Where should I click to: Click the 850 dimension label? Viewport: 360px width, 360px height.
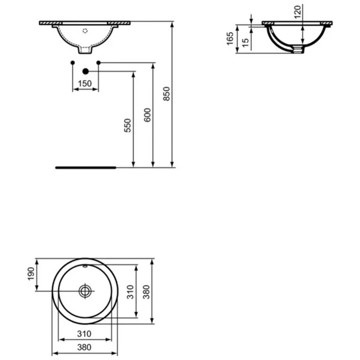[x=167, y=94]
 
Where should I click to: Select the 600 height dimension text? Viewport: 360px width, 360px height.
[x=147, y=115]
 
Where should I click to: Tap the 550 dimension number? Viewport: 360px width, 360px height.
[x=127, y=125]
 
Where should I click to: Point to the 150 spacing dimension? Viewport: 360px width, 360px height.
[x=85, y=84]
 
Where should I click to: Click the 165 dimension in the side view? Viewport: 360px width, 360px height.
[x=230, y=39]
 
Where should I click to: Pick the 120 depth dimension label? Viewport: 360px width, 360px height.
[x=297, y=12]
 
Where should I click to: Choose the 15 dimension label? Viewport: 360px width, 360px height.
[x=245, y=43]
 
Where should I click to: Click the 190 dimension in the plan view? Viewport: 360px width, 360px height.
[x=31, y=274]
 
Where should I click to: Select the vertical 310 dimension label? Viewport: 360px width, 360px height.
[x=130, y=292]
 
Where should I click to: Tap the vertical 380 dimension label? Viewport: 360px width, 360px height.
[x=147, y=292]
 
